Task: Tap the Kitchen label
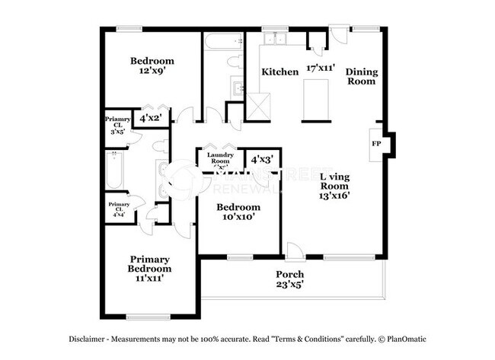[279, 72]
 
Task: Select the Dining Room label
[361, 77]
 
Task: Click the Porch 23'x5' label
[289, 279]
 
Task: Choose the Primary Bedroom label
[148, 263]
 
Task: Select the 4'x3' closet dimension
[262, 160]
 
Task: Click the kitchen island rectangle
[315, 101]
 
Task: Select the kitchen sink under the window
[273, 39]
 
